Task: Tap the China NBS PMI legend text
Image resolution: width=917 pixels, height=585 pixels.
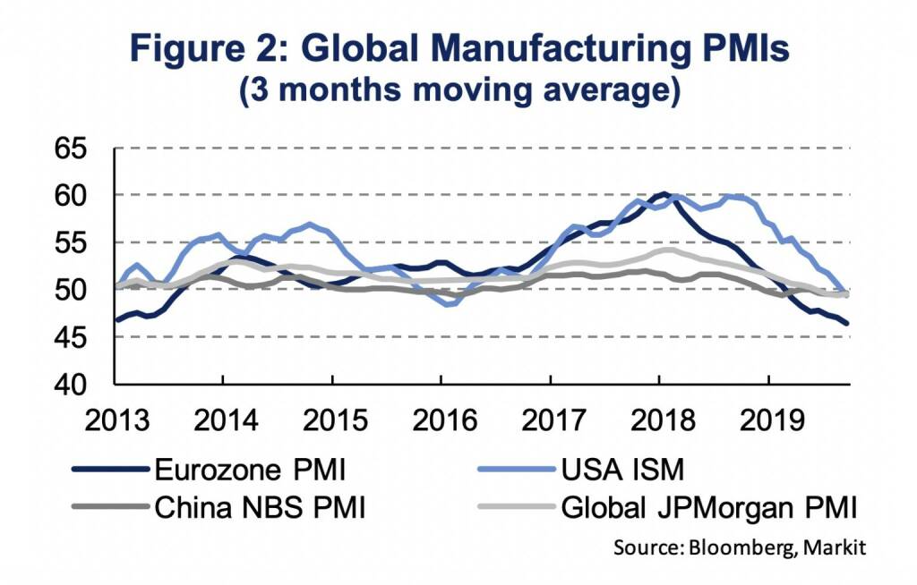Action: (261, 509)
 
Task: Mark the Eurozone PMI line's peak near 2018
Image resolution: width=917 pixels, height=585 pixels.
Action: (663, 193)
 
